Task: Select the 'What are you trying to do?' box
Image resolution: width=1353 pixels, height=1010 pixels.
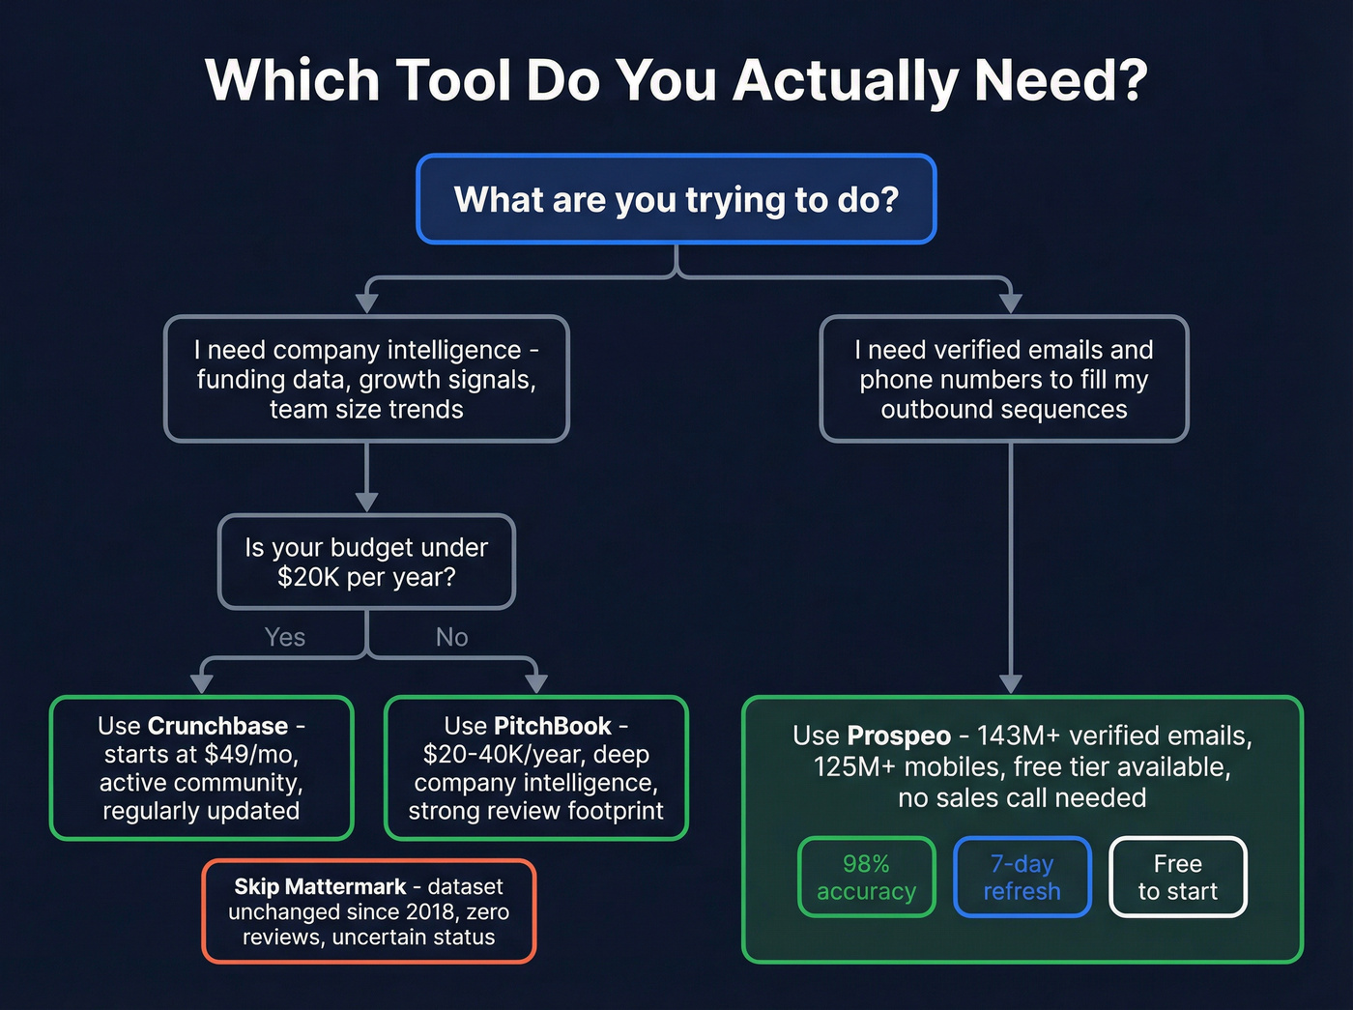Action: [x=676, y=199]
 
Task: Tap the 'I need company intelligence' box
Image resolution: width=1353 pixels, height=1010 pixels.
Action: [x=366, y=379]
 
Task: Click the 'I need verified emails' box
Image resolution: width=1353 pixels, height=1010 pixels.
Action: [x=1003, y=379]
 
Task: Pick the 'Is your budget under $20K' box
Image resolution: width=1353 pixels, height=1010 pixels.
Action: [x=366, y=562]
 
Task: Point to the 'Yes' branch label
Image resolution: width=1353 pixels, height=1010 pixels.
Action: [x=284, y=637]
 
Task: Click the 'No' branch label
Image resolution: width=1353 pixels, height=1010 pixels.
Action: [x=451, y=637]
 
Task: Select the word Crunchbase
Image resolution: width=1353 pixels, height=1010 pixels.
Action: [x=217, y=726]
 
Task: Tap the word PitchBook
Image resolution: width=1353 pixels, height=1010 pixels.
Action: [x=552, y=726]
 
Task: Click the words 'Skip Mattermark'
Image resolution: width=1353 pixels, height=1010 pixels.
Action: [x=319, y=886]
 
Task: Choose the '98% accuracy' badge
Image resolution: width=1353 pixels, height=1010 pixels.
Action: [x=866, y=877]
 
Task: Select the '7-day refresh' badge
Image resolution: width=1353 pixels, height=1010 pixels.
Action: [x=1022, y=877]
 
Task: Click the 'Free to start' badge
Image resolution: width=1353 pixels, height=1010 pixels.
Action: [x=1177, y=877]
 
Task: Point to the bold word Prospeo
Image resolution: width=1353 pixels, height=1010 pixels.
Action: [x=898, y=736]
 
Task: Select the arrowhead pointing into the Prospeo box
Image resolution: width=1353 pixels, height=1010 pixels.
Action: [x=1010, y=684]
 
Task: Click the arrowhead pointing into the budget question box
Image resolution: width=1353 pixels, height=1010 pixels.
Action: [x=366, y=502]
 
